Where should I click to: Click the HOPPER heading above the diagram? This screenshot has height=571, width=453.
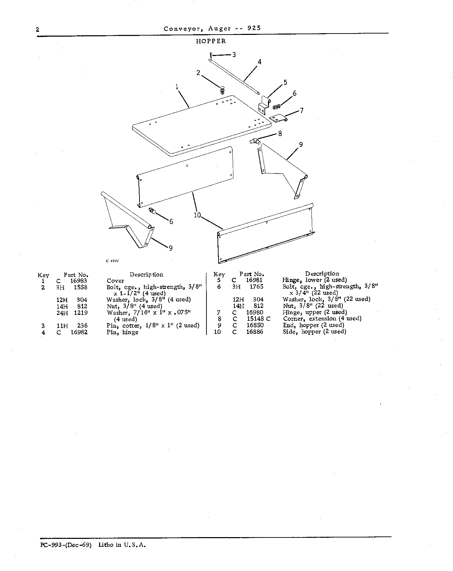tap(211, 41)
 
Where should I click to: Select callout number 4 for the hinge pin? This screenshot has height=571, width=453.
tap(259, 62)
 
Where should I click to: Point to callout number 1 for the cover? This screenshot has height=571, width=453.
tap(177, 87)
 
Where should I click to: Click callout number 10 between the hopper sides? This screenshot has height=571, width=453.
tap(197, 215)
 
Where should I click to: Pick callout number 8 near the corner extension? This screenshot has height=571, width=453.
tap(280, 133)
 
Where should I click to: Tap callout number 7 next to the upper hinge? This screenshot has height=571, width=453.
tap(302, 111)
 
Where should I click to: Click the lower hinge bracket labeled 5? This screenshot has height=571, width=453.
tap(264, 105)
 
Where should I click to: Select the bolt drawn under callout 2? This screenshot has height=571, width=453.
tap(223, 90)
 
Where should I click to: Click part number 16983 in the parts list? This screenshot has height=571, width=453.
tap(79, 281)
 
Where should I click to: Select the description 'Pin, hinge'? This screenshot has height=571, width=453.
tap(123, 332)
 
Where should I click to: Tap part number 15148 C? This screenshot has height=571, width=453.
tap(259, 319)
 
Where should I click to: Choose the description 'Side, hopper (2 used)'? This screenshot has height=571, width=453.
tap(315, 331)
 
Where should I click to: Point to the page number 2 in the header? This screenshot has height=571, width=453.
tap(37, 30)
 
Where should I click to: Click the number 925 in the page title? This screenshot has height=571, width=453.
tap(254, 28)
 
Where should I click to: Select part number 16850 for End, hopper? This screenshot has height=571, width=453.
tap(255, 325)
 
